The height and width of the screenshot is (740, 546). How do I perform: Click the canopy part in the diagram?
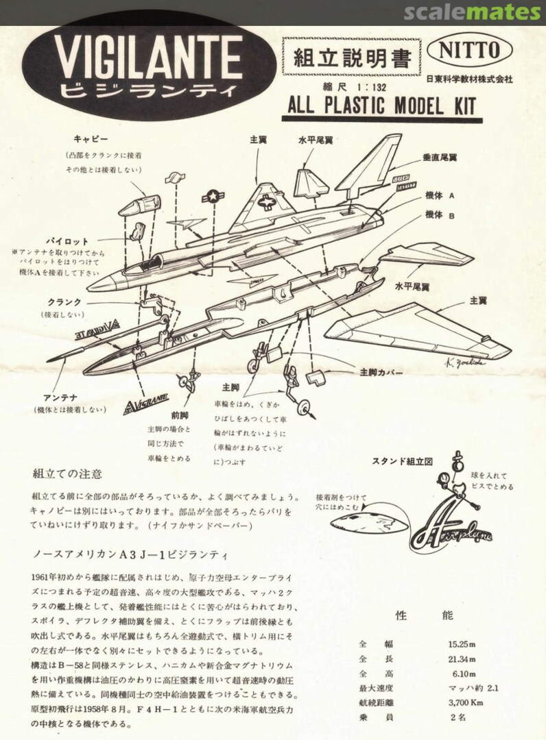point(139,204)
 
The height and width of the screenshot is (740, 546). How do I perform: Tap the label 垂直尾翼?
point(440,157)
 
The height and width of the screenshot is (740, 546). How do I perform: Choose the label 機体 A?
point(440,195)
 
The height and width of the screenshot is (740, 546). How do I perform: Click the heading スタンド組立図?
point(402,462)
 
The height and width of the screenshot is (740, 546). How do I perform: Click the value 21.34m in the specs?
point(463,658)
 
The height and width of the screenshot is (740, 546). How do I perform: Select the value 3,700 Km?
point(465,702)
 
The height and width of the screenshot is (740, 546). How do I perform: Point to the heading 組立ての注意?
point(67,473)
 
